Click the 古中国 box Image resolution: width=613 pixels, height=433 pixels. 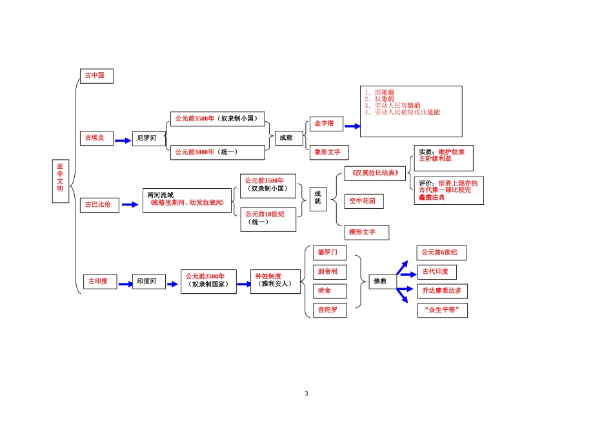pos(96,75)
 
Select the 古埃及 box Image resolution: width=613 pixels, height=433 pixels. pos(96,138)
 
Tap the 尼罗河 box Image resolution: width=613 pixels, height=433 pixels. pos(148,138)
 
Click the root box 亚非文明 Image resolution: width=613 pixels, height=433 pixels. pos(60,180)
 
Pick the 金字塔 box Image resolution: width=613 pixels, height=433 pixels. pos(326,123)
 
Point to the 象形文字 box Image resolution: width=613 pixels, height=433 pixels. pos(329,152)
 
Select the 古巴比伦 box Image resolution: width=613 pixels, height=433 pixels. pos(99,204)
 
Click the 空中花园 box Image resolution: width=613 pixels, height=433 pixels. pos(363,201)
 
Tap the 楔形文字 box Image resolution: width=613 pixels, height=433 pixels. pos(366,232)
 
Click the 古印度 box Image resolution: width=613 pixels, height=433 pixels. pos(99,282)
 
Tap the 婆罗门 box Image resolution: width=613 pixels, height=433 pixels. pos(328,252)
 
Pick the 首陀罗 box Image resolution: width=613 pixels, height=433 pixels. pos(328,311)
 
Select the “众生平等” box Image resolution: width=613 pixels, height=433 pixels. pos(442,311)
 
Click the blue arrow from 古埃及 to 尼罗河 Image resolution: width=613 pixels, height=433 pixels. pos(123,139)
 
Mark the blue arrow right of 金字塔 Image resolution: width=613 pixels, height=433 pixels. pos(352,126)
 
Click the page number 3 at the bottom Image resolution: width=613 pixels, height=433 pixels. pos(306,394)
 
